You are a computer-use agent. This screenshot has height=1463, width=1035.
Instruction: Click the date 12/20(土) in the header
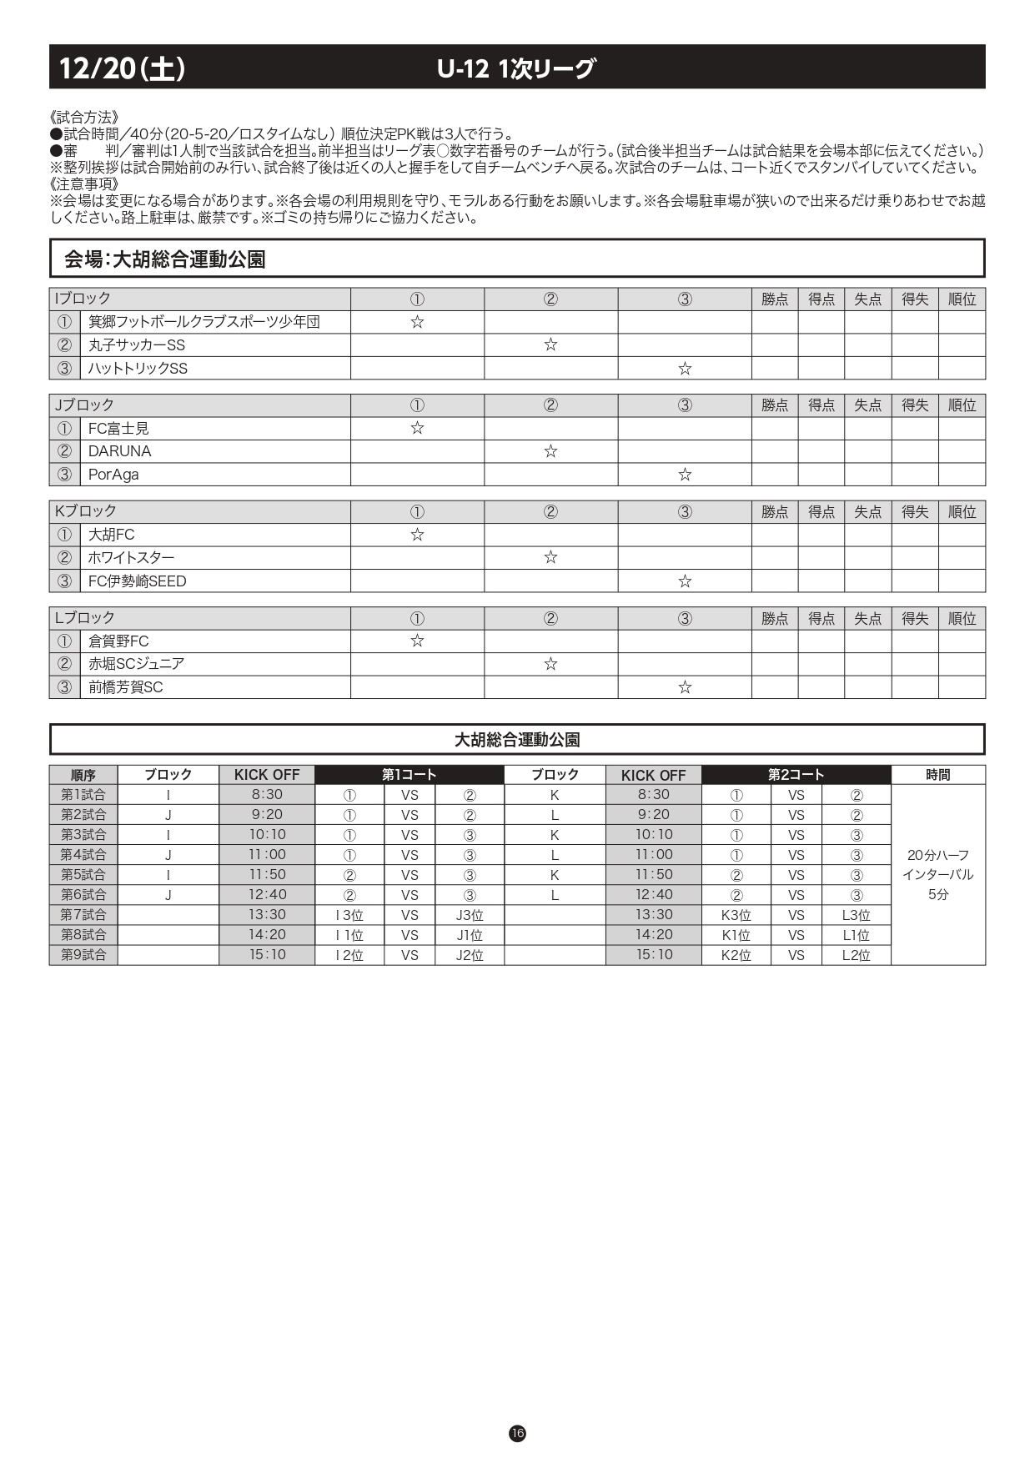pos(122,68)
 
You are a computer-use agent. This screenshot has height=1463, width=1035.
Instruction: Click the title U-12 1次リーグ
pos(516,68)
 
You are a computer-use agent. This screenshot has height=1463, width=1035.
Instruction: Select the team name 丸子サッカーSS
pos(137,345)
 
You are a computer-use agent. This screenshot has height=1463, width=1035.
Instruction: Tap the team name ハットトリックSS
pos(138,369)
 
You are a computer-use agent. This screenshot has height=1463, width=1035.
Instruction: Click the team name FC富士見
pos(118,429)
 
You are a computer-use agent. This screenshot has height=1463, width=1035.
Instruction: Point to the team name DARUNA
pos(120,451)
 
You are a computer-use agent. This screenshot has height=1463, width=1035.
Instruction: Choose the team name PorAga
pos(113,475)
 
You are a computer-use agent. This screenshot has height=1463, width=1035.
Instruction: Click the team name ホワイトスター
pos(132,558)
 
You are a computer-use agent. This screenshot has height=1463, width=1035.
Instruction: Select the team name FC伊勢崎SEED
pos(138,581)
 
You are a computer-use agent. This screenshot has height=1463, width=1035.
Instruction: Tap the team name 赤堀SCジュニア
pos(137,664)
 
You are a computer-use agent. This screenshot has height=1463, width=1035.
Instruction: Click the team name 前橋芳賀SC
pos(126,687)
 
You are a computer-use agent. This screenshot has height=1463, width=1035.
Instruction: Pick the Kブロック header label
pos(85,511)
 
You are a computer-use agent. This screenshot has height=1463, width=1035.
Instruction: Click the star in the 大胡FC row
pos(417,535)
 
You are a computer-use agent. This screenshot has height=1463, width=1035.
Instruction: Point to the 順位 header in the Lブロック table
pos(962,618)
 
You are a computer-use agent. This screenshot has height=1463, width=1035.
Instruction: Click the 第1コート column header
pos(409,775)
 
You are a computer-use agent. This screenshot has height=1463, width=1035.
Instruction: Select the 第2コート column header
pos(796,775)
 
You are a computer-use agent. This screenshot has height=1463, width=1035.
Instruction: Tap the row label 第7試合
pos(83,915)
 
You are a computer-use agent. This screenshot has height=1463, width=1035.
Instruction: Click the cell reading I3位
pos(349,915)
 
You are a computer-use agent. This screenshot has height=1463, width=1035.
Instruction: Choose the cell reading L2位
pos(856,955)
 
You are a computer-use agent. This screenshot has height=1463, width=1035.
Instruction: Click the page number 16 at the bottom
pos(517,1433)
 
